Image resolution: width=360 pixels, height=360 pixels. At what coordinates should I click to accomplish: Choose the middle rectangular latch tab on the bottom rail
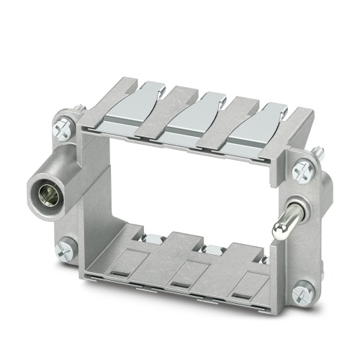[x=189, y=271]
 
